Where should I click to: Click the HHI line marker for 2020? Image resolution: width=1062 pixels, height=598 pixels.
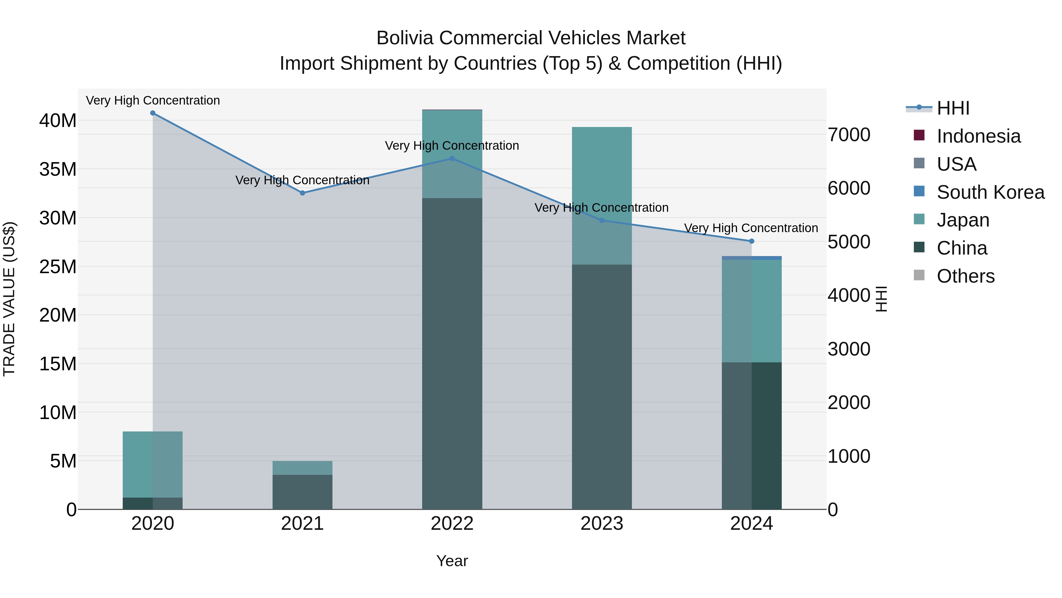[x=153, y=113]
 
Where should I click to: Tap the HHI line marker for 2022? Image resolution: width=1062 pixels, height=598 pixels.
[x=452, y=159]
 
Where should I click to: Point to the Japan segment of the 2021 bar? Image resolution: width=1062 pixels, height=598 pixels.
[x=302, y=467]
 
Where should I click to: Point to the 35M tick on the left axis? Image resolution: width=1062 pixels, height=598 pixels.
[x=58, y=169]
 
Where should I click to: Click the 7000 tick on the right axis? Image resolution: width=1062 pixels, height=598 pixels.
[x=849, y=135]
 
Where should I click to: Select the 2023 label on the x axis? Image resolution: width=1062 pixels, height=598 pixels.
[x=602, y=524]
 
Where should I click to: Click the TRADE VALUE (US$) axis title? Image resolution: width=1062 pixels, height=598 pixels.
[x=9, y=299]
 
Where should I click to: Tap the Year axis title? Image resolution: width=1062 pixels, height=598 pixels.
[x=452, y=561]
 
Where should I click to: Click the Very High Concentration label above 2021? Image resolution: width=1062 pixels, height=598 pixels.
[x=302, y=180]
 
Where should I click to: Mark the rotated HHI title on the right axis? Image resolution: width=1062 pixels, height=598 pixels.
[x=881, y=299]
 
